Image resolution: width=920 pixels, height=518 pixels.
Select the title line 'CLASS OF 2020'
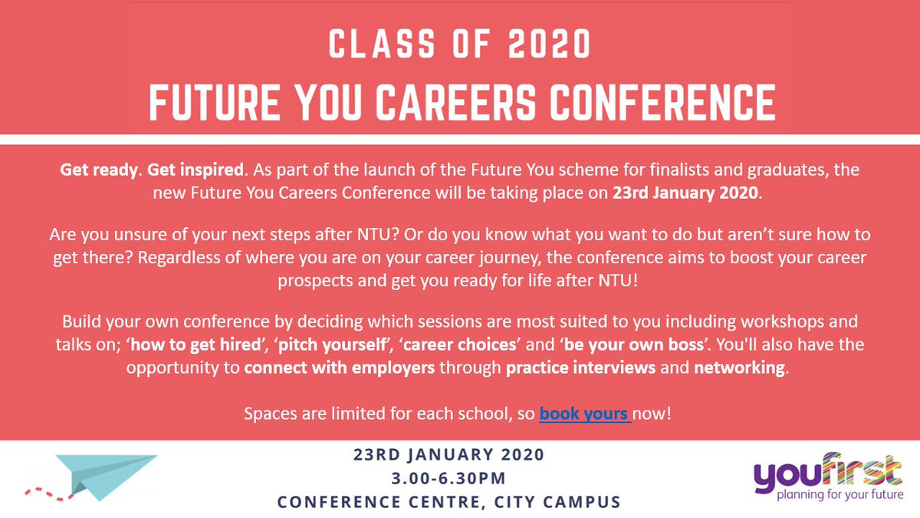coord(460,46)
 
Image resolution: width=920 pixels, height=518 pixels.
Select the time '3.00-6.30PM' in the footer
coord(449,479)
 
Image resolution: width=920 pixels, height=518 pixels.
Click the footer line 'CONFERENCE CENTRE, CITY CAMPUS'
coord(449,503)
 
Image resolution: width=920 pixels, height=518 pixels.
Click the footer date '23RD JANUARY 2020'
coord(449,454)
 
